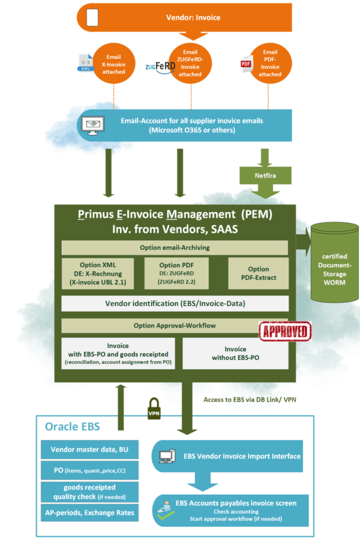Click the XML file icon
click(x=85, y=62)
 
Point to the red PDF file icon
click(x=245, y=63)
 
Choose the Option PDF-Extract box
click(x=259, y=273)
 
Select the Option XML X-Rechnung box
click(x=97, y=273)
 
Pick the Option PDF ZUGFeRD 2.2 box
click(x=174, y=273)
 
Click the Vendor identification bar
click(x=175, y=303)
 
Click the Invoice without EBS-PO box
click(x=235, y=353)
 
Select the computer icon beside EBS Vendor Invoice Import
click(x=166, y=456)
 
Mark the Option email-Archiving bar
click(x=175, y=248)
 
